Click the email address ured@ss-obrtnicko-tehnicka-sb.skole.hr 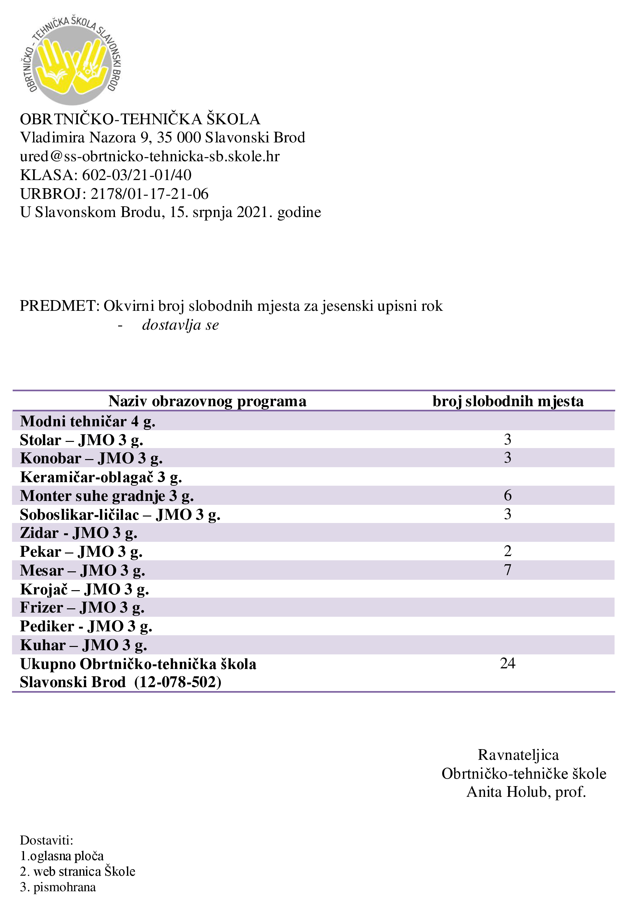coord(150,156)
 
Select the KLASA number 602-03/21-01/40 coord(137,175)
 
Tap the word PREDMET coord(60,306)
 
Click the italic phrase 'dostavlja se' coord(181,324)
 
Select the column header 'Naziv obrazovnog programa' coord(207,401)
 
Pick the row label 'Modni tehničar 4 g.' coord(87,421)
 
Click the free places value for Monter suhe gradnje coord(507,495)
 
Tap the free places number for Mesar coord(507,570)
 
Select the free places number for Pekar coord(507,551)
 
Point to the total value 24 coord(507,663)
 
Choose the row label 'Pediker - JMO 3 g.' coord(86,626)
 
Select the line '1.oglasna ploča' coord(62,856)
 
